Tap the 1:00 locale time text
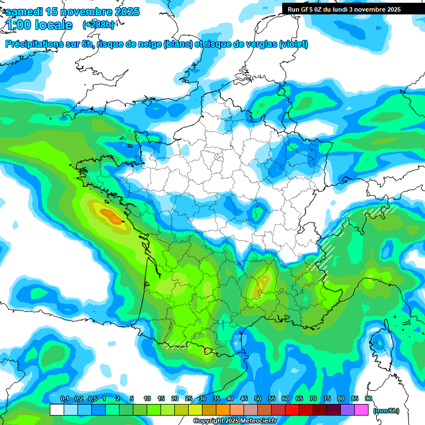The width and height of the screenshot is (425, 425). tap(39, 25)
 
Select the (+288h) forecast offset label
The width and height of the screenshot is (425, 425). tap(100, 25)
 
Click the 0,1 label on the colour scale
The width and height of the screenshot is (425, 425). tap(64, 399)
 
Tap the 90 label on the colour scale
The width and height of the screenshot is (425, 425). tap(368, 399)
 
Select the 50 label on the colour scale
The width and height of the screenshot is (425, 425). tap(258, 399)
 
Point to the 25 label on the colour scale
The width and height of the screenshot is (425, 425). tap(189, 399)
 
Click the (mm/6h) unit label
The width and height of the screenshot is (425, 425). tap(386, 411)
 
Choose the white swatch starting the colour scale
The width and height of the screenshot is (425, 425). tap(56, 410)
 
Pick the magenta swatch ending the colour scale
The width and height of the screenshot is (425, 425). tap(361, 410)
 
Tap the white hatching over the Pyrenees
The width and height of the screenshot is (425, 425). tap(177, 345)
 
